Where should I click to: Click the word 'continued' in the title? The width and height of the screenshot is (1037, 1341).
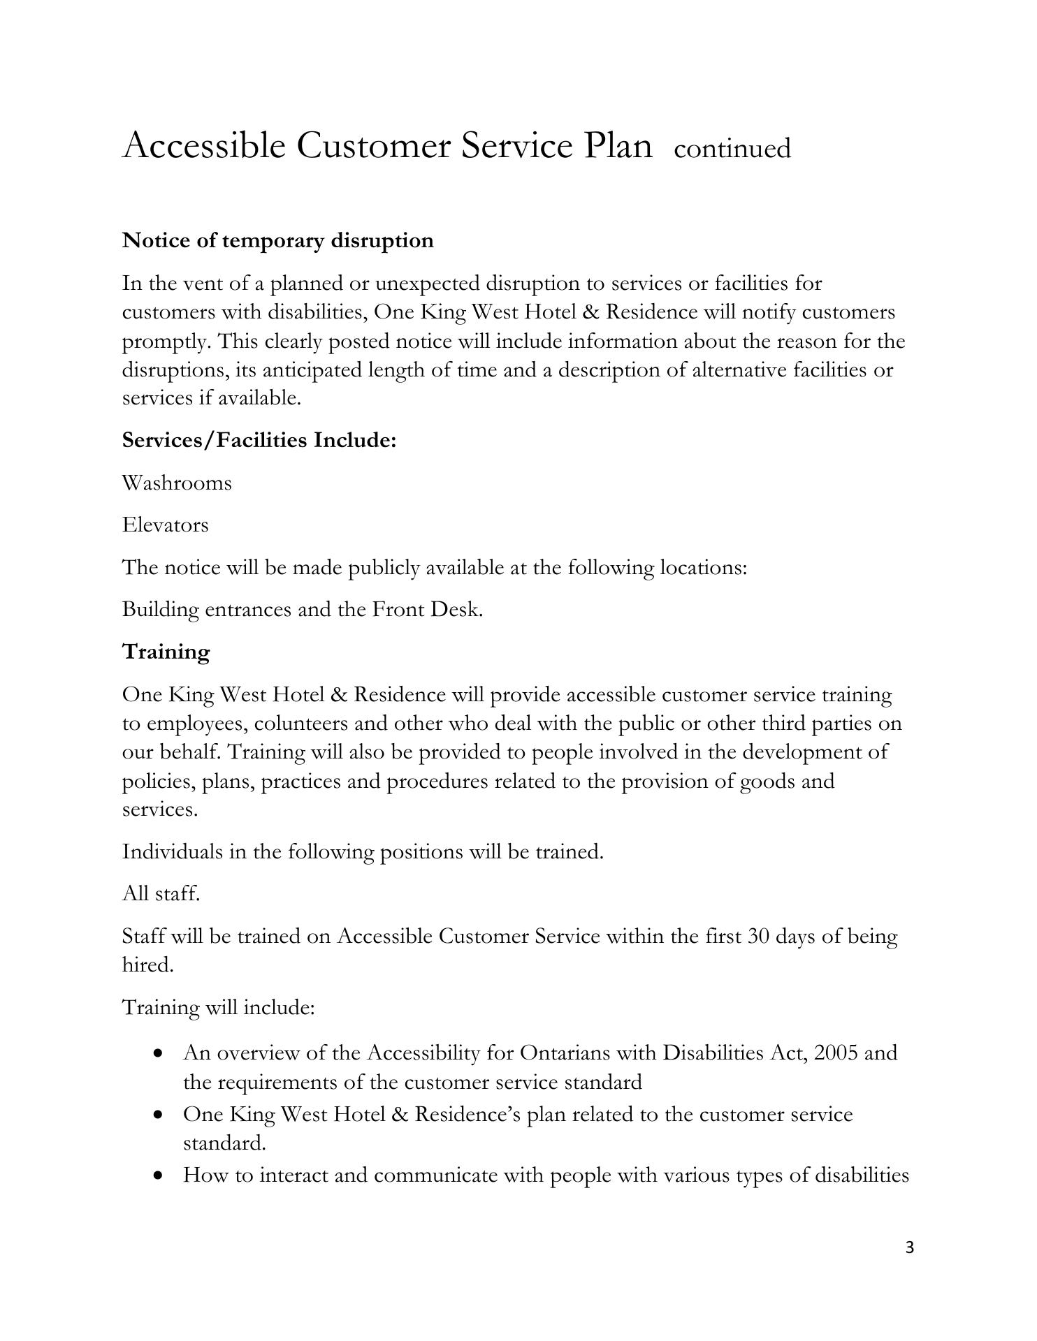point(732,149)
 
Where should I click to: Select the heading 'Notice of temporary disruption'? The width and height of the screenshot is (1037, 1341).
point(277,240)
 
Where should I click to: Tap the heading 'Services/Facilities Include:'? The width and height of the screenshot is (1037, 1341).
point(259,440)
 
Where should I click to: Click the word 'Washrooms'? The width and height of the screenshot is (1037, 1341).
point(177,483)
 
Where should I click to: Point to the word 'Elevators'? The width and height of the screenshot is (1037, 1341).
point(165,525)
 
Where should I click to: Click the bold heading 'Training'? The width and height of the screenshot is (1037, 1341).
point(166,652)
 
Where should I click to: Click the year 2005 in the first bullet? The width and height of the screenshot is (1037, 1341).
point(836,1052)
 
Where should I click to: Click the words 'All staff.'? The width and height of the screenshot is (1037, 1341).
point(161,893)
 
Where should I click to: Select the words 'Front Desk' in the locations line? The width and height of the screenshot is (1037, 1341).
point(426,609)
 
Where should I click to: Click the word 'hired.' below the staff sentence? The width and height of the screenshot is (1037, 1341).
point(147,965)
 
